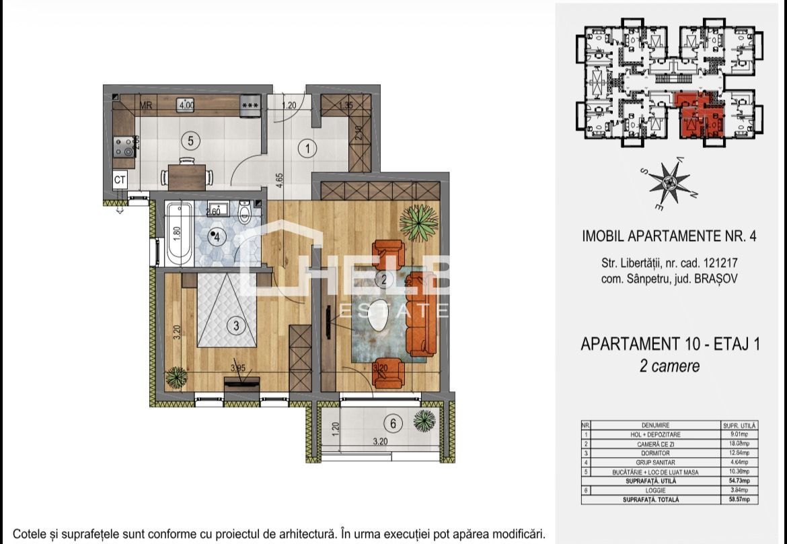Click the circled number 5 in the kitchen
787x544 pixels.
pyautogui.click(x=191, y=141)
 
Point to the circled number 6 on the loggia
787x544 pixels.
pyautogui.click(x=392, y=423)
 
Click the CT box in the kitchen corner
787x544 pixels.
pyautogui.click(x=120, y=180)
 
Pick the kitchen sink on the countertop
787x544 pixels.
pyautogui.click(x=186, y=104)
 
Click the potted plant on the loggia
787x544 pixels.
pyautogui.click(x=424, y=421)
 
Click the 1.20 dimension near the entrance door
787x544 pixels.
pyautogui.click(x=289, y=105)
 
